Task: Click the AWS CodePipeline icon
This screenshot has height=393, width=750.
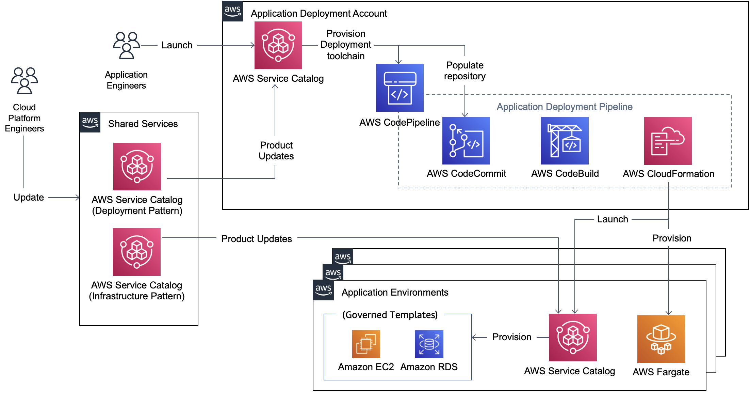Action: tap(400, 88)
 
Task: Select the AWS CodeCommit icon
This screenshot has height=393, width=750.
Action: tap(466, 141)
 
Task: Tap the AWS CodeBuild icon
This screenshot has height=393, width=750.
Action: tap(565, 141)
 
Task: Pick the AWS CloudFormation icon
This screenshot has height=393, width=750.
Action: tap(668, 141)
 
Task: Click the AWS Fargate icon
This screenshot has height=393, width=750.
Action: tap(661, 339)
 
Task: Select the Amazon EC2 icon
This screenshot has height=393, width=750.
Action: tap(366, 344)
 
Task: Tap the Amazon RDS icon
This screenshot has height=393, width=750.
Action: tap(429, 344)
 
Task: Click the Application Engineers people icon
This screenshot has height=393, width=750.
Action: tap(126, 46)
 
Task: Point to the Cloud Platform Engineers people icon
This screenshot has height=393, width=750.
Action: tap(24, 81)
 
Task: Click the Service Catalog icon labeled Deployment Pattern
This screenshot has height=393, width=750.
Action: tap(137, 167)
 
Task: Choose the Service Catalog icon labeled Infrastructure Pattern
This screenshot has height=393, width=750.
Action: tap(137, 252)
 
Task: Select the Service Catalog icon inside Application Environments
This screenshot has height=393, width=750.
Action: tap(573, 337)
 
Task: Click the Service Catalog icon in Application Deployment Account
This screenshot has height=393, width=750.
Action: tap(278, 45)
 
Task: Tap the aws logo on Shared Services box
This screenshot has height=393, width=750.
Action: tap(90, 122)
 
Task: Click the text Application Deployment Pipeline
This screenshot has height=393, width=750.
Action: tap(564, 107)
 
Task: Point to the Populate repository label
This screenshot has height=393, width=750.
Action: tap(464, 71)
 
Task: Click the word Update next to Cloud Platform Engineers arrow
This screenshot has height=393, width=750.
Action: tap(29, 198)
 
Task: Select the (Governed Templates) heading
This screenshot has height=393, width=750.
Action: tap(390, 315)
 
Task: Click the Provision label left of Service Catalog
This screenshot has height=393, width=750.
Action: tap(511, 337)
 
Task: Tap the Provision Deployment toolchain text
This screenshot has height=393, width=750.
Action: tap(345, 45)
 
